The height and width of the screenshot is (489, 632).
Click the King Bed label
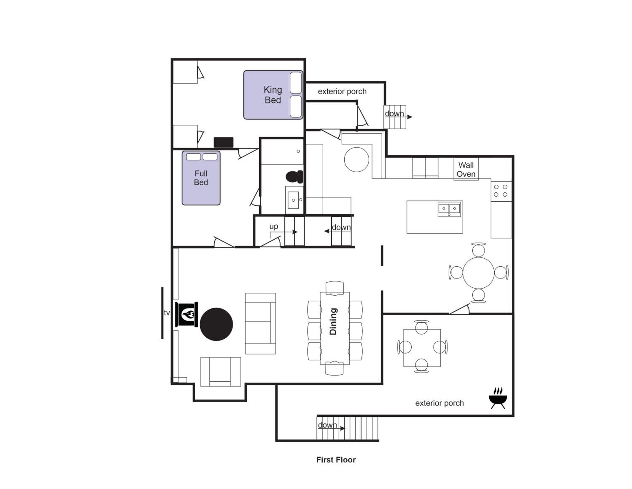tap(273, 95)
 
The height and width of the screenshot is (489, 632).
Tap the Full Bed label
tap(201, 178)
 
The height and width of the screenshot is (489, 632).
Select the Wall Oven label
tap(466, 169)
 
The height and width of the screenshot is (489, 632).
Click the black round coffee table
tap(216, 324)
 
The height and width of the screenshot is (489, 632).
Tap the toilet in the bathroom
tap(294, 177)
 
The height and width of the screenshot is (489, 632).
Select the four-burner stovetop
tap(501, 191)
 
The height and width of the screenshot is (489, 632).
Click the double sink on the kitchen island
tap(449, 209)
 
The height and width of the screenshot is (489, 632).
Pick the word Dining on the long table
tap(333, 321)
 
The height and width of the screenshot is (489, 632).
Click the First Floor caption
tap(336, 460)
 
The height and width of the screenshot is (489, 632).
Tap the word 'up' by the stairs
tap(273, 227)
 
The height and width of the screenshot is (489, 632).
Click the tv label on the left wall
tap(167, 313)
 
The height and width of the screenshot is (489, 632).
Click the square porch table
tap(422, 348)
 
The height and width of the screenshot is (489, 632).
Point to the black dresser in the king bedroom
tap(223, 142)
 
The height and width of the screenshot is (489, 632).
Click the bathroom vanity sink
tap(293, 200)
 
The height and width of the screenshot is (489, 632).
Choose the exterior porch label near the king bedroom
tap(342, 92)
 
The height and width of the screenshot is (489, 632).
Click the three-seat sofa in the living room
tap(260, 323)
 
